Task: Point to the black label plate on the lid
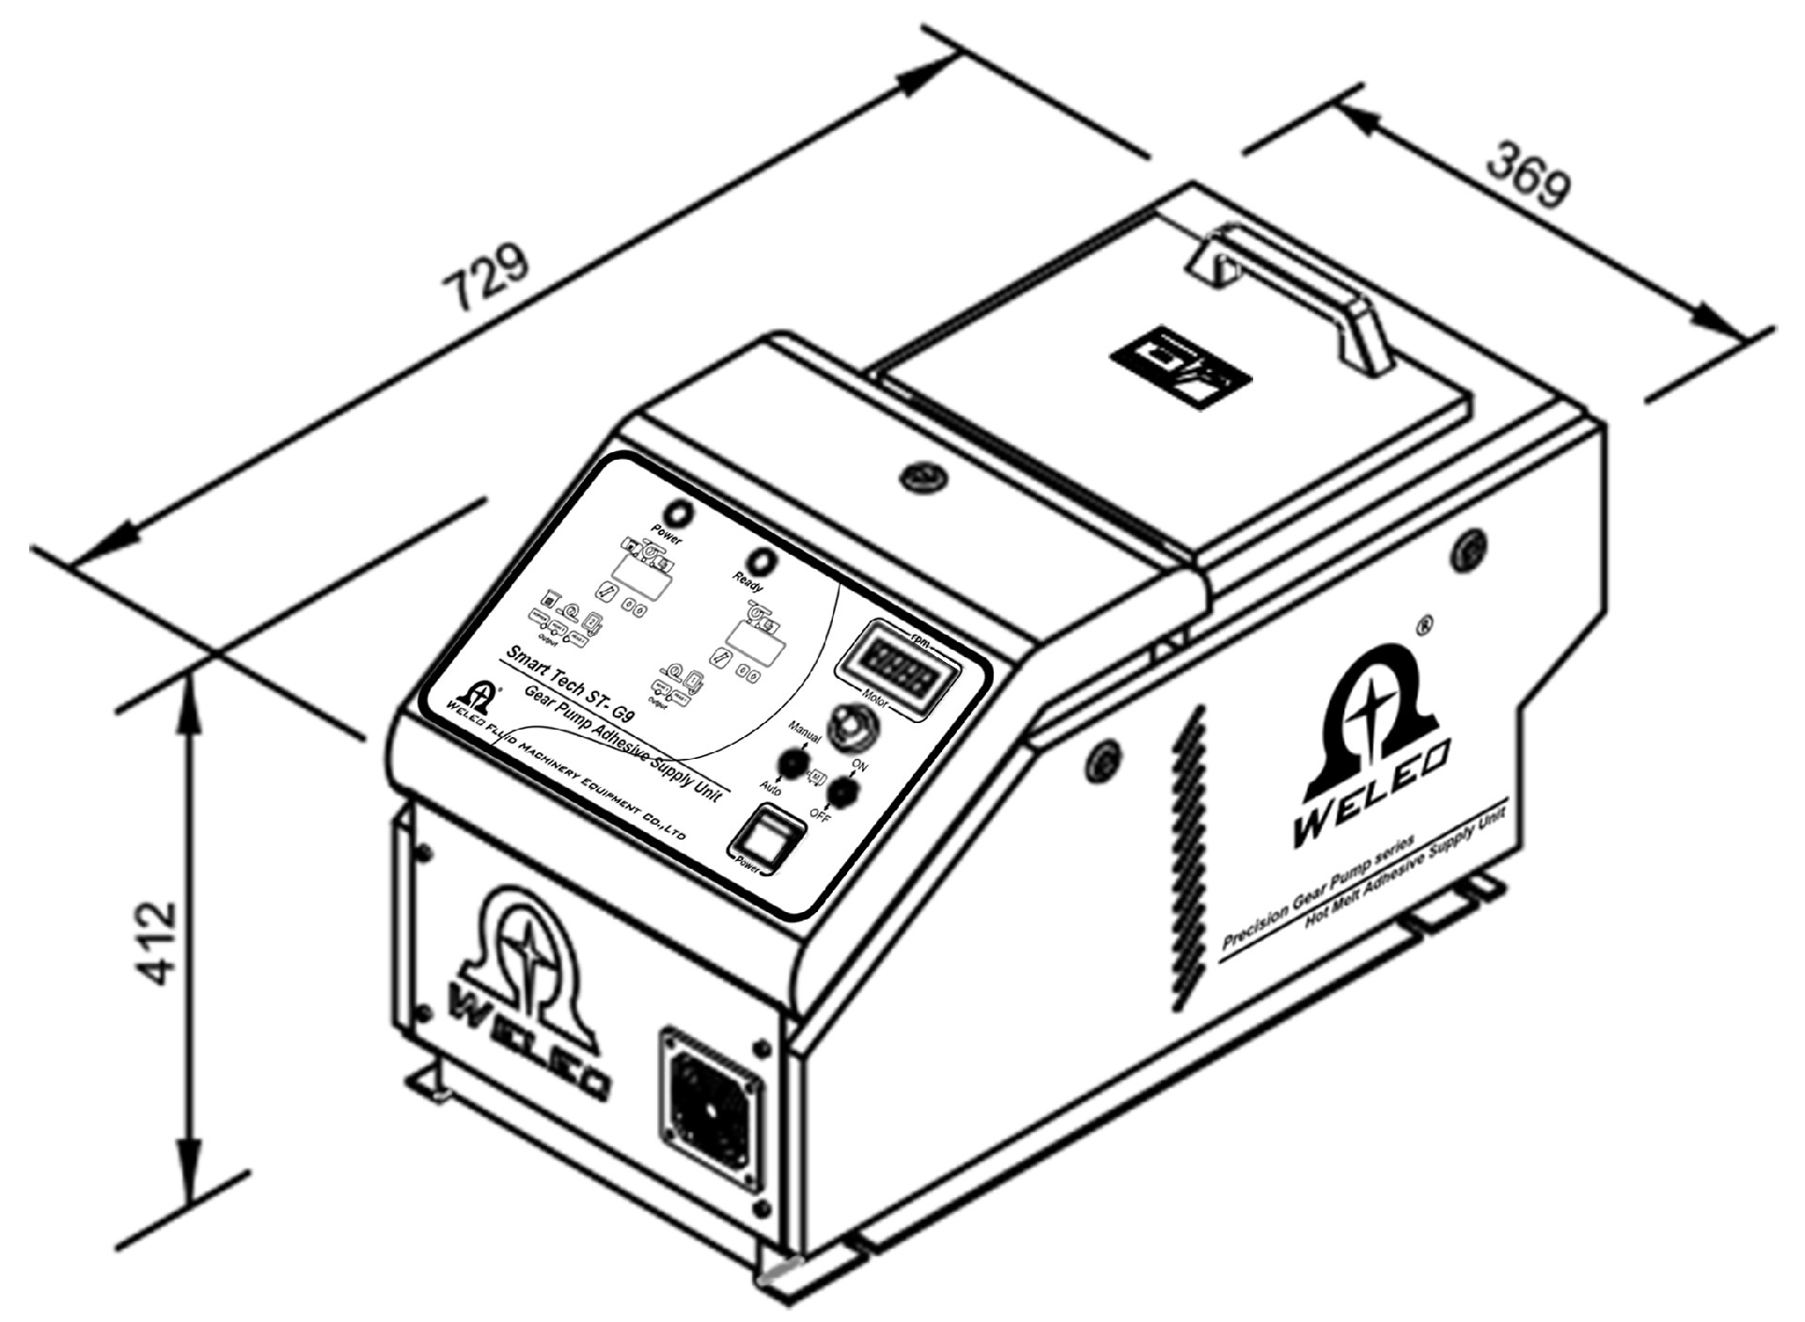click(1181, 369)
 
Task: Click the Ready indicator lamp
click(764, 560)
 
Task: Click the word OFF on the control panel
click(819, 816)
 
